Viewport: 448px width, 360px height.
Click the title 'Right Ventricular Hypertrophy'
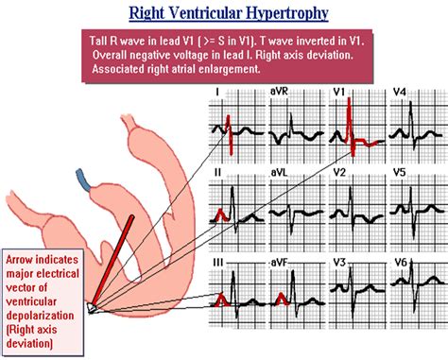(224, 14)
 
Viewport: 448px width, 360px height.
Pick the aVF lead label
(280, 261)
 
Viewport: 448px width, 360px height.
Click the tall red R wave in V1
(351, 118)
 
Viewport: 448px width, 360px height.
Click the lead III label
(219, 261)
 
